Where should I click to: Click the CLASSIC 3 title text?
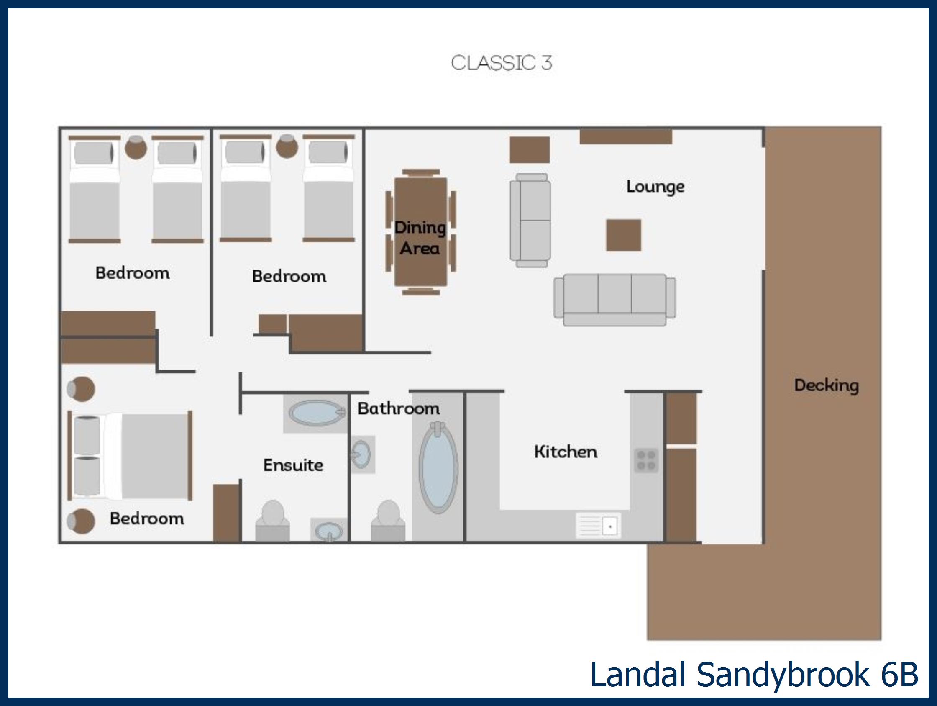click(x=502, y=63)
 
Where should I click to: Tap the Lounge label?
click(x=655, y=187)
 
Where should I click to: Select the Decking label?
click(x=826, y=385)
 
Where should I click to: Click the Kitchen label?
click(x=566, y=452)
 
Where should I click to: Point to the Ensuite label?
click(x=293, y=465)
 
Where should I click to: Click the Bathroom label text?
click(x=399, y=408)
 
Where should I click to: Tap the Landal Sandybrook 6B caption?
click(x=754, y=675)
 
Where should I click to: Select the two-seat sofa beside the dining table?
click(x=530, y=221)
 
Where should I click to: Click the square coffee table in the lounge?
click(x=623, y=235)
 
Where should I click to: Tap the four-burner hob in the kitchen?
click(x=646, y=461)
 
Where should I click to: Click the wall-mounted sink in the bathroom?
click(x=362, y=454)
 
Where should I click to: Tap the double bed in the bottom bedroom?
click(x=131, y=456)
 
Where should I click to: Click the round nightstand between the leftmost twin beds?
click(x=136, y=147)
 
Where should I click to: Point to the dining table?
click(x=420, y=232)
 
